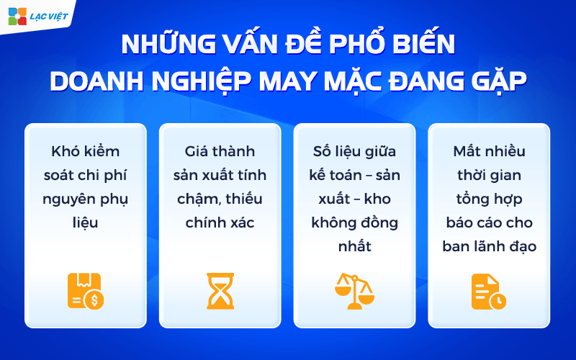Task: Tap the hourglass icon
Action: (x=220, y=290)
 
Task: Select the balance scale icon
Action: (x=354, y=289)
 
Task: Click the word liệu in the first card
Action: (x=85, y=223)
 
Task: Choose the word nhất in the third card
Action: (x=354, y=247)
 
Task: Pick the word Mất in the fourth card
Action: (x=468, y=152)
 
